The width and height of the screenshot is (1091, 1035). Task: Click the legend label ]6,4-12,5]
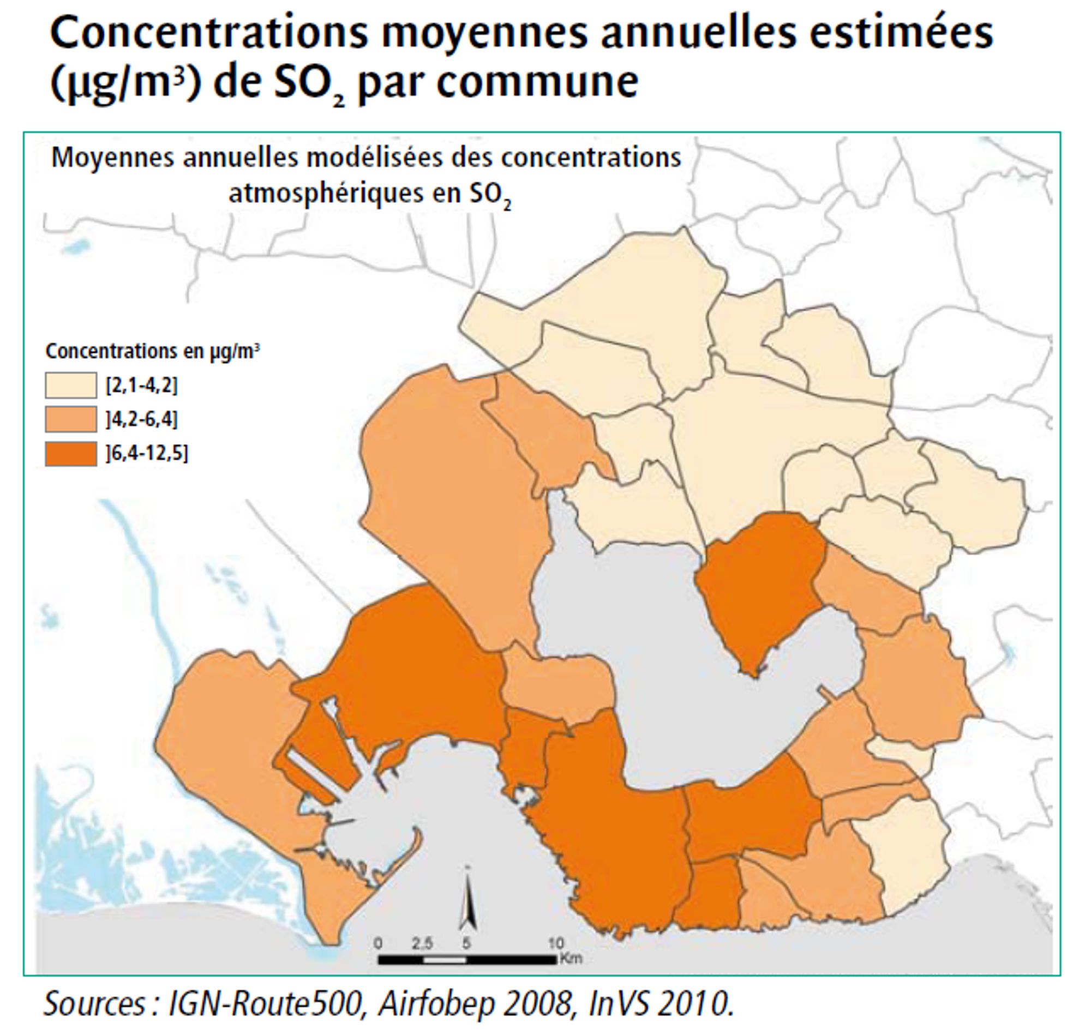coord(147,454)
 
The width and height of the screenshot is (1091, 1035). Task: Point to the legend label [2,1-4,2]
coord(142,385)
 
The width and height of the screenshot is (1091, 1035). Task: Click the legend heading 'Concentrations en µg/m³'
coord(152,351)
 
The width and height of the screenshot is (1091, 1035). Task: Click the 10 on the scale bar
coord(556,943)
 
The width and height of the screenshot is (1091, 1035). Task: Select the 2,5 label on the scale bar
coord(423,943)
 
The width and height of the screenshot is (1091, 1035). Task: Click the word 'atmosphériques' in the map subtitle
coord(327,193)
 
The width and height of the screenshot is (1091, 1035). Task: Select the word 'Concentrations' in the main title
coord(209,33)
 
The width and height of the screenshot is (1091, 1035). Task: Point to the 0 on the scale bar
coord(378,943)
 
